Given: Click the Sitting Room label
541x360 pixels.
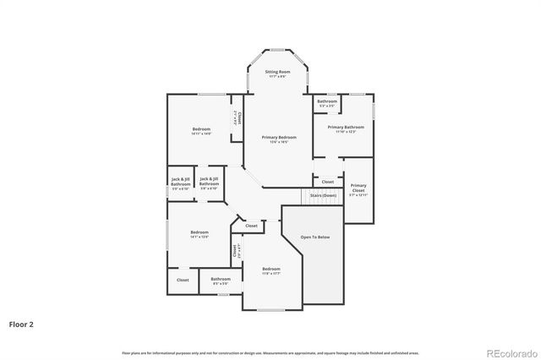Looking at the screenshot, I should coord(278,74).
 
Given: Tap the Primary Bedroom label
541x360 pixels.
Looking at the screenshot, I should coord(278,139).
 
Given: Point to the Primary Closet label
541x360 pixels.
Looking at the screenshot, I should coord(358,188).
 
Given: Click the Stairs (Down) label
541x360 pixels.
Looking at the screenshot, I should coord(323,195).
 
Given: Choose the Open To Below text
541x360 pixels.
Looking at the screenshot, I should coord(314,237).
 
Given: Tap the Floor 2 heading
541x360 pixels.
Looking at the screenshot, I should coord(21,324).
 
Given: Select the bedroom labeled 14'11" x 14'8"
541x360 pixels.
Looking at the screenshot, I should coord(200,131).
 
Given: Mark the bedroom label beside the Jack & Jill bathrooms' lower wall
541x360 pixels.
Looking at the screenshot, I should coord(199,234).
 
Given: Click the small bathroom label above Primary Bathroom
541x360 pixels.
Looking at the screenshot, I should coord(327,103).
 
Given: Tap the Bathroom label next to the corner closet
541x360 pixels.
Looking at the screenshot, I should coord(221,281).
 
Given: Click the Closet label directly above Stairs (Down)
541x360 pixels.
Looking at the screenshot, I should coord(327,182).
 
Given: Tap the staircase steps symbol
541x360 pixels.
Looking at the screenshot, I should coord(292,196).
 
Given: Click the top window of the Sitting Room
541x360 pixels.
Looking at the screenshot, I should coord(278,50).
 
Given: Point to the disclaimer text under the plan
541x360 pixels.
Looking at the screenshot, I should coord(270,352).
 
